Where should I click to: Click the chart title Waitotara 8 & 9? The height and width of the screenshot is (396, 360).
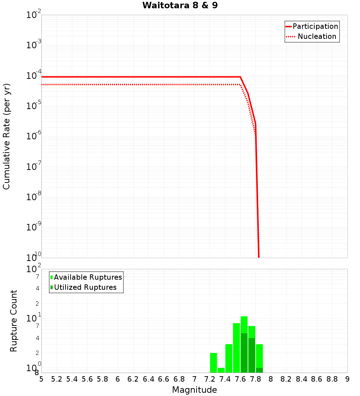click(180, 6)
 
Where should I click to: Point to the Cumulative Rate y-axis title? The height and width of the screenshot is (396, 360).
click(6, 136)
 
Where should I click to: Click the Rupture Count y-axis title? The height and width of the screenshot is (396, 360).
click(14, 320)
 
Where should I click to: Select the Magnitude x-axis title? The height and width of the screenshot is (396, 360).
click(194, 390)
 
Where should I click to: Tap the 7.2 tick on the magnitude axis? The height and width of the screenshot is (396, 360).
click(210, 379)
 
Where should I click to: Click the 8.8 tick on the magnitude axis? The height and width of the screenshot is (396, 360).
click(332, 379)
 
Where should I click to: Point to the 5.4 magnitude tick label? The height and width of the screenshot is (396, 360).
click(72, 379)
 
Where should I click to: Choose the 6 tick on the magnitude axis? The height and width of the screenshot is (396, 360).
click(118, 379)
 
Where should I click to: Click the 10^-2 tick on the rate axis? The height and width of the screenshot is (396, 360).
click(34, 15)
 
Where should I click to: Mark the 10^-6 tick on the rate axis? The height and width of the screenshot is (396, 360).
click(34, 136)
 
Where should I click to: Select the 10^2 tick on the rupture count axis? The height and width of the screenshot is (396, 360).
click(34, 269)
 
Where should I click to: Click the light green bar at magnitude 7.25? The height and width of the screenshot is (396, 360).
click(213, 363)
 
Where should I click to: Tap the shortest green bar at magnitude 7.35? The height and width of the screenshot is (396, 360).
click(221, 370)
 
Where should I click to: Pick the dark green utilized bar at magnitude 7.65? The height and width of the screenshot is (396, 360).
click(244, 353)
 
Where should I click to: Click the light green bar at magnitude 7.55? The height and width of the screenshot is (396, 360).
click(237, 348)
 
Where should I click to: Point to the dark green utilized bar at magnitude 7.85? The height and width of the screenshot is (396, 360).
click(259, 370)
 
